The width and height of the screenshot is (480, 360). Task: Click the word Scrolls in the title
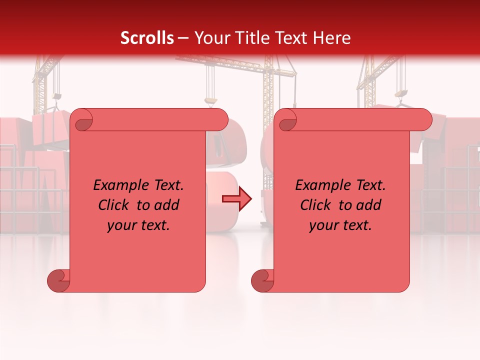147,38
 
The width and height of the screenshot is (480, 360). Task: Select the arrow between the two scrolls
237,199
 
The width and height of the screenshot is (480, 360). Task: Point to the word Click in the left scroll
115,205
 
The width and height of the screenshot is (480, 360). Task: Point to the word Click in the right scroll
317,205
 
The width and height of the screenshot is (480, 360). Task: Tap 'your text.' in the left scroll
138,225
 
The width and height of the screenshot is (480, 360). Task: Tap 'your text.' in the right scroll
340,225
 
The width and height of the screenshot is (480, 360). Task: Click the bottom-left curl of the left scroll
58,280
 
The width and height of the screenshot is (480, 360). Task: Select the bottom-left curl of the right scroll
262,280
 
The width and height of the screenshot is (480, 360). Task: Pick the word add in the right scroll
369,205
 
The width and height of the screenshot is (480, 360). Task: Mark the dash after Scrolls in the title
183,38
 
